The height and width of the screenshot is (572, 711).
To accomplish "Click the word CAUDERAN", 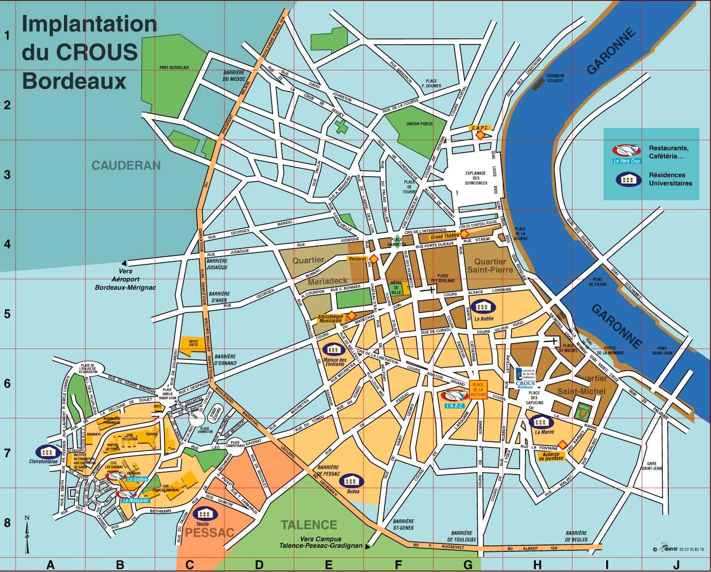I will pyautogui.click(x=126, y=165).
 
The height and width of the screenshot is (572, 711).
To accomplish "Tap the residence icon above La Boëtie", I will pyautogui.click(x=483, y=307).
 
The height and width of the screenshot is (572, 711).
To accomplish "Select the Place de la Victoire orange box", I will pyautogui.click(x=478, y=389).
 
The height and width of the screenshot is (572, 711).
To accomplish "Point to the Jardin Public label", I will pyautogui.click(x=420, y=124).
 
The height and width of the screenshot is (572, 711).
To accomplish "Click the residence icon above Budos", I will pyautogui.click(x=352, y=481).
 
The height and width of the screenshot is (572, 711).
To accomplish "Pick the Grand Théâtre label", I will pyautogui.click(x=444, y=236).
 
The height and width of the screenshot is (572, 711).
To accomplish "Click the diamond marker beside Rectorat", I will pyautogui.click(x=373, y=258).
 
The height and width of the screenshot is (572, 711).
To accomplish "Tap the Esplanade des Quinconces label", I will pyautogui.click(x=475, y=178).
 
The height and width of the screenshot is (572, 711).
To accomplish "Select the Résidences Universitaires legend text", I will pyautogui.click(x=670, y=179).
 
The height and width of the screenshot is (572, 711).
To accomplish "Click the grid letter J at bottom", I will pyautogui.click(x=677, y=565).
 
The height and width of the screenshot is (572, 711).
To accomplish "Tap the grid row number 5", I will pyautogui.click(x=7, y=314).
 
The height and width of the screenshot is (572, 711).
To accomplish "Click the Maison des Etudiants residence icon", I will pyautogui.click(x=333, y=350).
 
